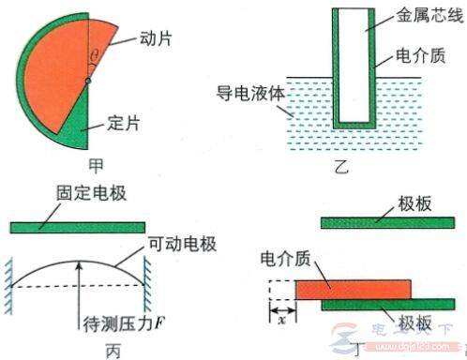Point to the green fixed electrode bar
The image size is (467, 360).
79,226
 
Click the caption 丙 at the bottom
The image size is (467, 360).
81,351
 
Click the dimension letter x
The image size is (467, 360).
281,319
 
